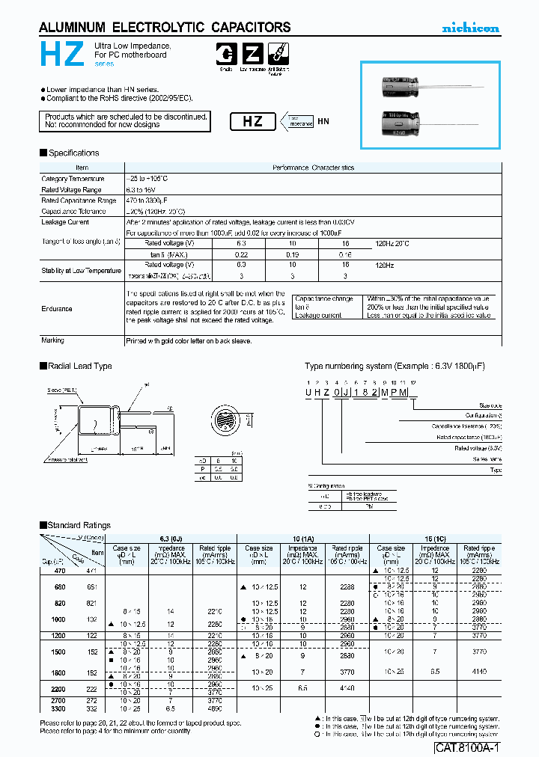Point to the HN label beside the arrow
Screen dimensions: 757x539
click(323, 121)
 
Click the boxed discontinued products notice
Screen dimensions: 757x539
click(124, 121)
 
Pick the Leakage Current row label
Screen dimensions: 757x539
click(65, 222)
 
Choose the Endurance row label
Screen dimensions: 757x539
click(58, 308)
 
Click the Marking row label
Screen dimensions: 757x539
click(53, 340)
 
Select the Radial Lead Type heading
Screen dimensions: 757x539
click(79, 367)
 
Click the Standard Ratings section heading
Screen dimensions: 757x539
click(79, 526)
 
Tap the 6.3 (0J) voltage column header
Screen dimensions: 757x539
click(171, 539)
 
